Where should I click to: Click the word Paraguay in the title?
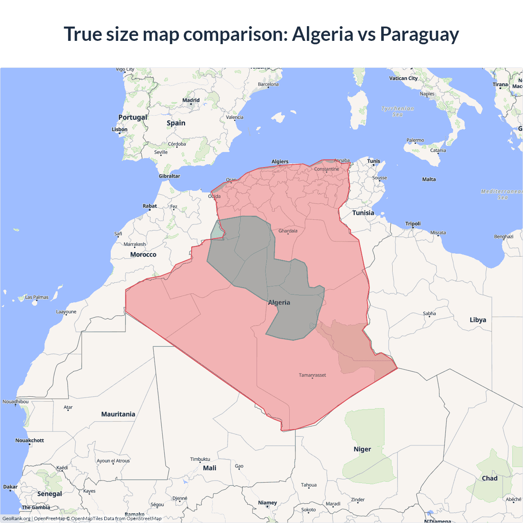419,34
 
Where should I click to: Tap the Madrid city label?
191,100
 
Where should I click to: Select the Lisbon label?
119,130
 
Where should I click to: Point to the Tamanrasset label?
312,375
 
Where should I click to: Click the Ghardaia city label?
288,231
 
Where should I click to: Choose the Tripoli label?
413,224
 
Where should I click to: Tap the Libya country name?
478,320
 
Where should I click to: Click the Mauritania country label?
118,414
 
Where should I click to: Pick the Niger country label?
362,449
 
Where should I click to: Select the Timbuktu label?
200,459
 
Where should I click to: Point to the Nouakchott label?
29,440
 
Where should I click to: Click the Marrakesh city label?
134,244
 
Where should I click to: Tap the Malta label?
429,179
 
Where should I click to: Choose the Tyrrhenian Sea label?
397,112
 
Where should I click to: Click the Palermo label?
415,140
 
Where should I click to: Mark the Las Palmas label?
37,297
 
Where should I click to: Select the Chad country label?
489,478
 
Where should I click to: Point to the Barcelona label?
268,84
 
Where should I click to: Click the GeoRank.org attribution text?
16,519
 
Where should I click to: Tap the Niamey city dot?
268,507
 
